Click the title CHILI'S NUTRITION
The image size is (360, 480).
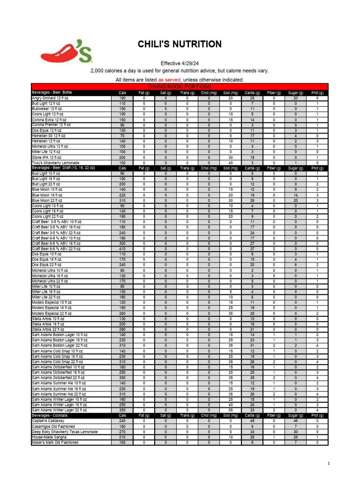tap(180, 45)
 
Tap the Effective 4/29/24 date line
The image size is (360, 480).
tap(180, 63)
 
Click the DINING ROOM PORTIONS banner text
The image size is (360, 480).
tap(180, 87)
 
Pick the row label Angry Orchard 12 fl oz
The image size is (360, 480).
tap(50, 98)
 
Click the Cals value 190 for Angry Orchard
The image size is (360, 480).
tap(122, 98)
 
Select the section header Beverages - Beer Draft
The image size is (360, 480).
tap(63, 168)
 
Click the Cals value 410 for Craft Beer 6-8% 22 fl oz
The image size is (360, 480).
tap(122, 248)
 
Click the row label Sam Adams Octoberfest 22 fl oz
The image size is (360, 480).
tap(59, 377)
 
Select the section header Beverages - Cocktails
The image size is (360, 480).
tap(50, 415)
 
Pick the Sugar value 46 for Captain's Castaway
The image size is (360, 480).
tap(296, 420)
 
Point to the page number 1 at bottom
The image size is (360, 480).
tap(330, 464)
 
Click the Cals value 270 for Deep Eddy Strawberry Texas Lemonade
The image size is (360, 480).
tap(122, 431)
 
